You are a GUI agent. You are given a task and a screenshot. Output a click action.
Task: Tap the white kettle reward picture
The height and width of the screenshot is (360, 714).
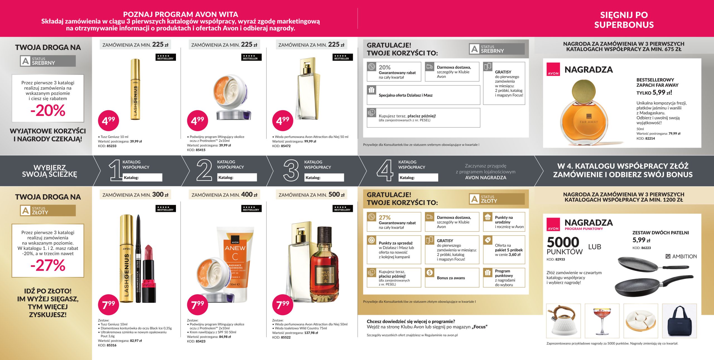click(x=563, y=320)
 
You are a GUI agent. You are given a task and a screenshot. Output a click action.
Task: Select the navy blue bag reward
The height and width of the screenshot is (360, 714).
click(x=679, y=321)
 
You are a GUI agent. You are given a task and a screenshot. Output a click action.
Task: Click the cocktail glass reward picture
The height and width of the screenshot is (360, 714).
click(x=602, y=321)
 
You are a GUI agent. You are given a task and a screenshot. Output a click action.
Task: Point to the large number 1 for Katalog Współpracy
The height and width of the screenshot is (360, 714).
click(x=115, y=170)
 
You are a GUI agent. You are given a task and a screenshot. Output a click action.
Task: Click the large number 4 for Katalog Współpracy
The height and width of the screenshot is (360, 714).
click(x=385, y=170)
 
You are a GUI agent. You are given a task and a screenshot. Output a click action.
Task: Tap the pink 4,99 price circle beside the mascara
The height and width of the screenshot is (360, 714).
click(x=108, y=121)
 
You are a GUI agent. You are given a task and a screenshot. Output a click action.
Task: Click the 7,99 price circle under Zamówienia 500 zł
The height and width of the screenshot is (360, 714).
click(x=283, y=305)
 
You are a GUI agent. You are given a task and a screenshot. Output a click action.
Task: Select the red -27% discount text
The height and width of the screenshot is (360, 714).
click(x=48, y=265)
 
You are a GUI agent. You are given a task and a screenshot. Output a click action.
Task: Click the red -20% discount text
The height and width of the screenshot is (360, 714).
click(x=48, y=110)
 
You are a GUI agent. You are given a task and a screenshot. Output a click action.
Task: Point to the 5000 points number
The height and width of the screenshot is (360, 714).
click(x=563, y=242)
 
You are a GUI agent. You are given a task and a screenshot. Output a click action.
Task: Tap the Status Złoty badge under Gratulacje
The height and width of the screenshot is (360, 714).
click(x=497, y=199)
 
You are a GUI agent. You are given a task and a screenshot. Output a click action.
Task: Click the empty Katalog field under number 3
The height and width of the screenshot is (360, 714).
click(x=324, y=178)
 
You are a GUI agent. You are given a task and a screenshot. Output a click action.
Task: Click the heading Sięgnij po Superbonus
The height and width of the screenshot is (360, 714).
click(x=624, y=20)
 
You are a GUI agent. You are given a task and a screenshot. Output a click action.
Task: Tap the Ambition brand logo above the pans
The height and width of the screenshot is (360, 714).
click(x=681, y=256)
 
